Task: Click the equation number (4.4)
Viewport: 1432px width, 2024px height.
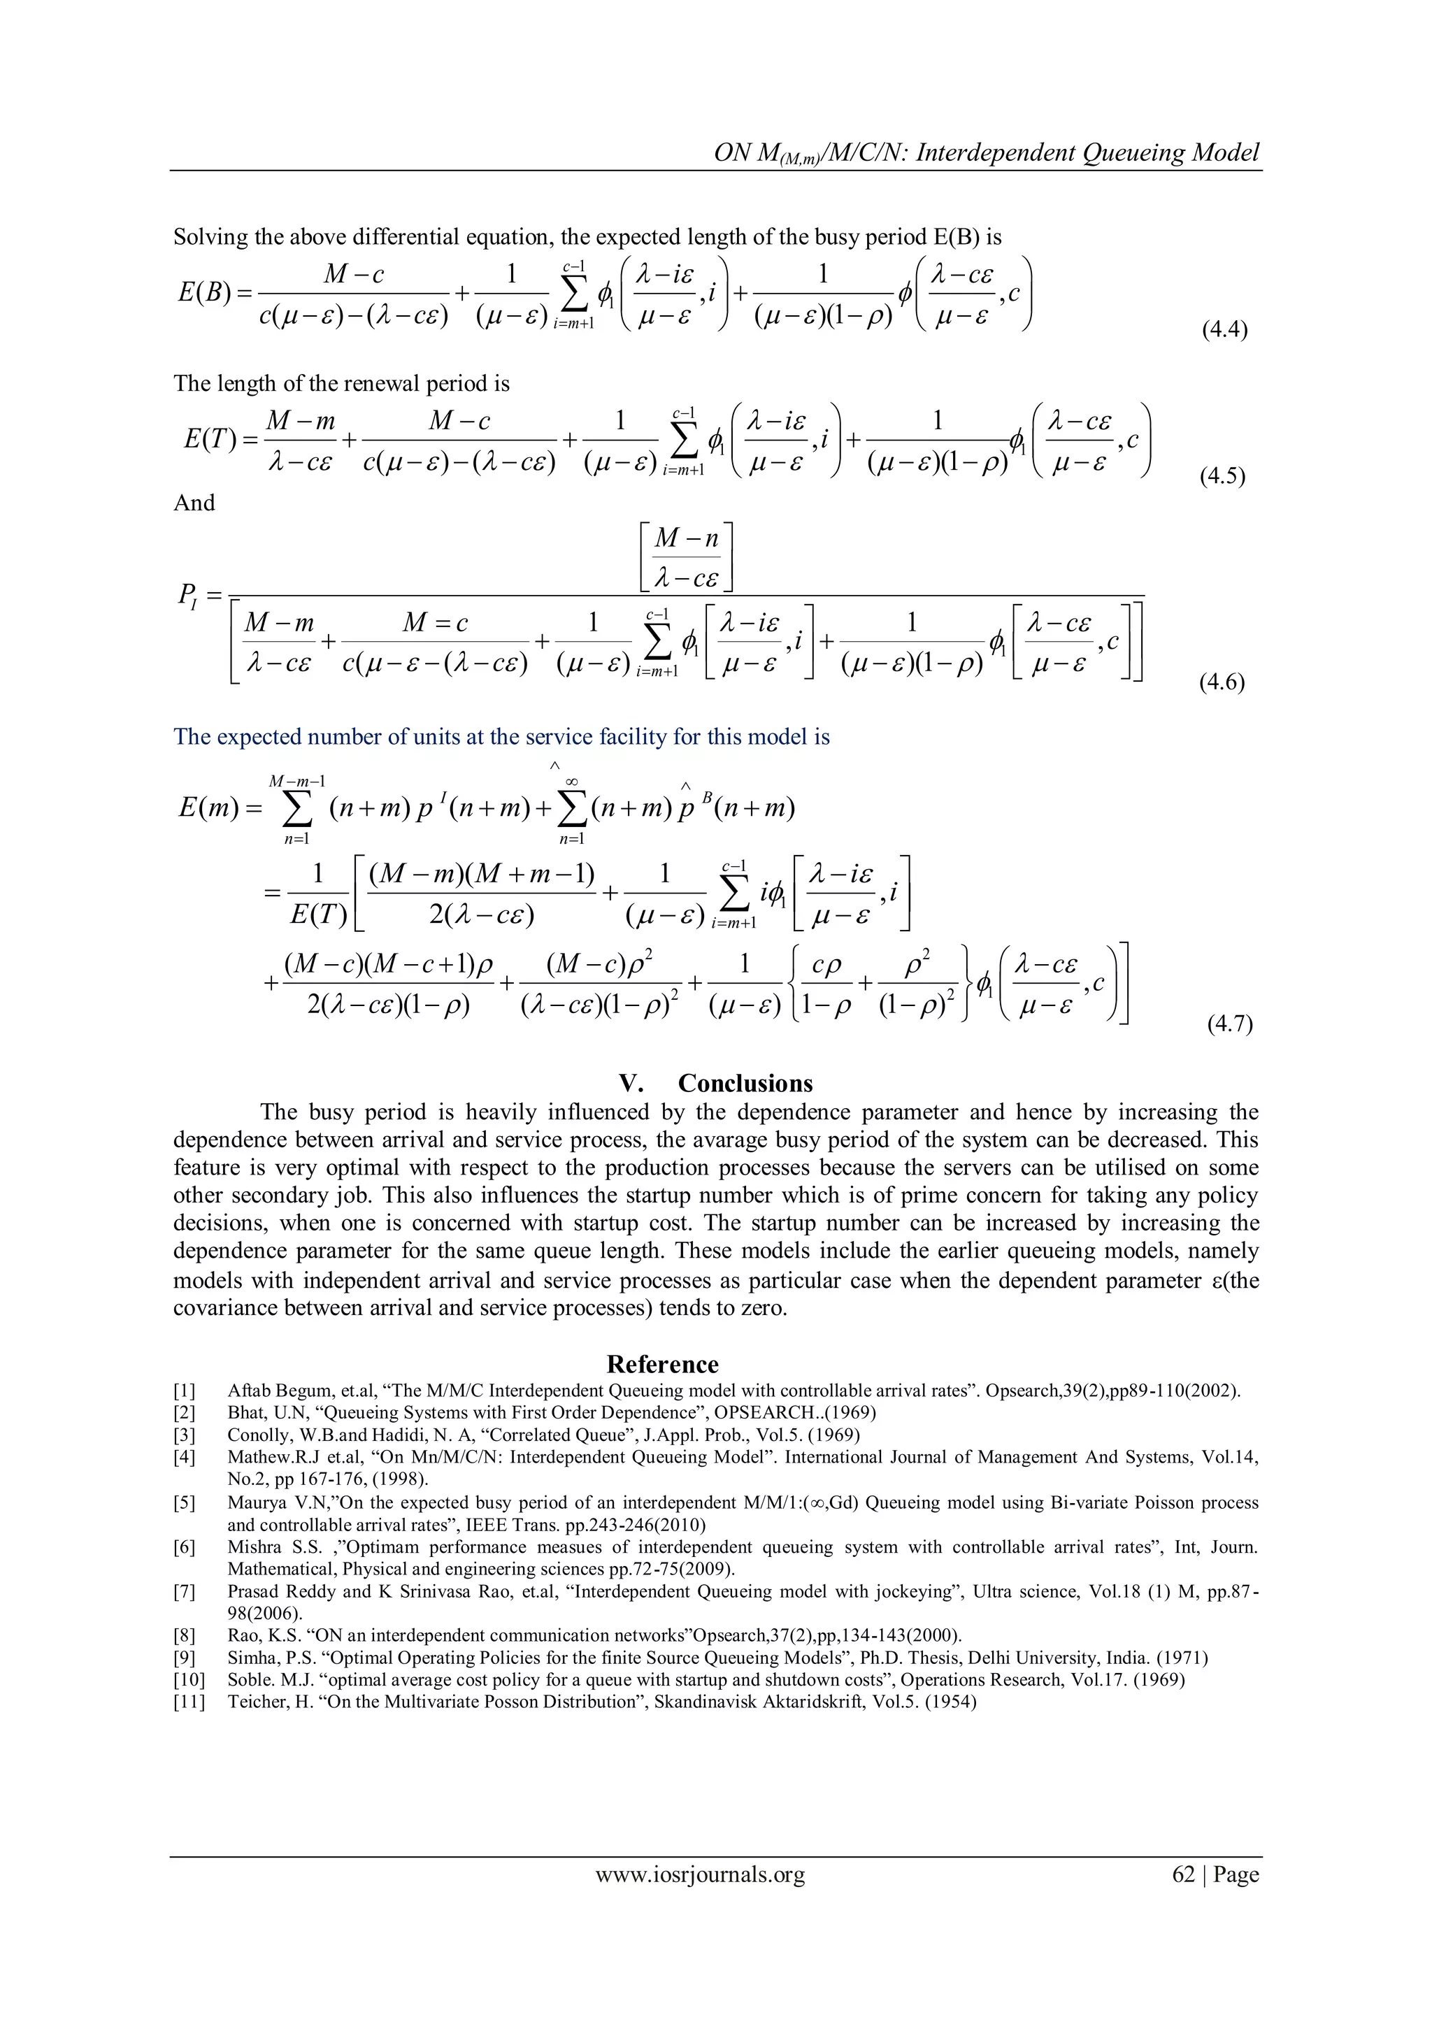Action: click(x=1225, y=331)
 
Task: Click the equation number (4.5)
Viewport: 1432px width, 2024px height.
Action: click(x=1223, y=477)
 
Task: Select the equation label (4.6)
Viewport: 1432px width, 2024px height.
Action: click(x=1222, y=682)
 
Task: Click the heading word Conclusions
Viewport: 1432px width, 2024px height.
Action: click(x=745, y=1084)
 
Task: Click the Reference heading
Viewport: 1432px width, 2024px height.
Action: click(x=662, y=1365)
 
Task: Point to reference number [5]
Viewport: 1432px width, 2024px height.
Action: click(x=185, y=1503)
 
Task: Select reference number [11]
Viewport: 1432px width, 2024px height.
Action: click(x=188, y=1702)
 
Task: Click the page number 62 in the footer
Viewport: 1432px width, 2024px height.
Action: click(x=1183, y=1874)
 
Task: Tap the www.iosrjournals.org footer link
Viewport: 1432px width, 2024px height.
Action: click(x=700, y=1874)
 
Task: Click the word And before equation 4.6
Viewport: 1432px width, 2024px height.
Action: click(x=194, y=503)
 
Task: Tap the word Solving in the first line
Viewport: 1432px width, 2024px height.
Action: click(x=210, y=237)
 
